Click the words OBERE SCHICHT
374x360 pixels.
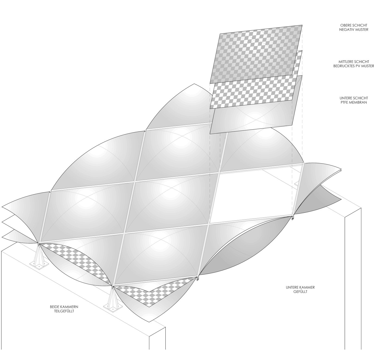pos(354,25)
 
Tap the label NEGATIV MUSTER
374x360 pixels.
pos(354,30)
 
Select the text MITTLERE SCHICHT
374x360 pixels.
pos(354,62)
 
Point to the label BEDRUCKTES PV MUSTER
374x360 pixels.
pos(354,66)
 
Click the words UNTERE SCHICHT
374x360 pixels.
pos(354,98)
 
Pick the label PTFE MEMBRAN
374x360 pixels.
pos(354,102)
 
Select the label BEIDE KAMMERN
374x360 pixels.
pos(64,307)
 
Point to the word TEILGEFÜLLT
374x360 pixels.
pos(64,311)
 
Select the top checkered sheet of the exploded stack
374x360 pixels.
pos(256,54)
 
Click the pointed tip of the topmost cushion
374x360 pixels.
pos(194,84)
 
